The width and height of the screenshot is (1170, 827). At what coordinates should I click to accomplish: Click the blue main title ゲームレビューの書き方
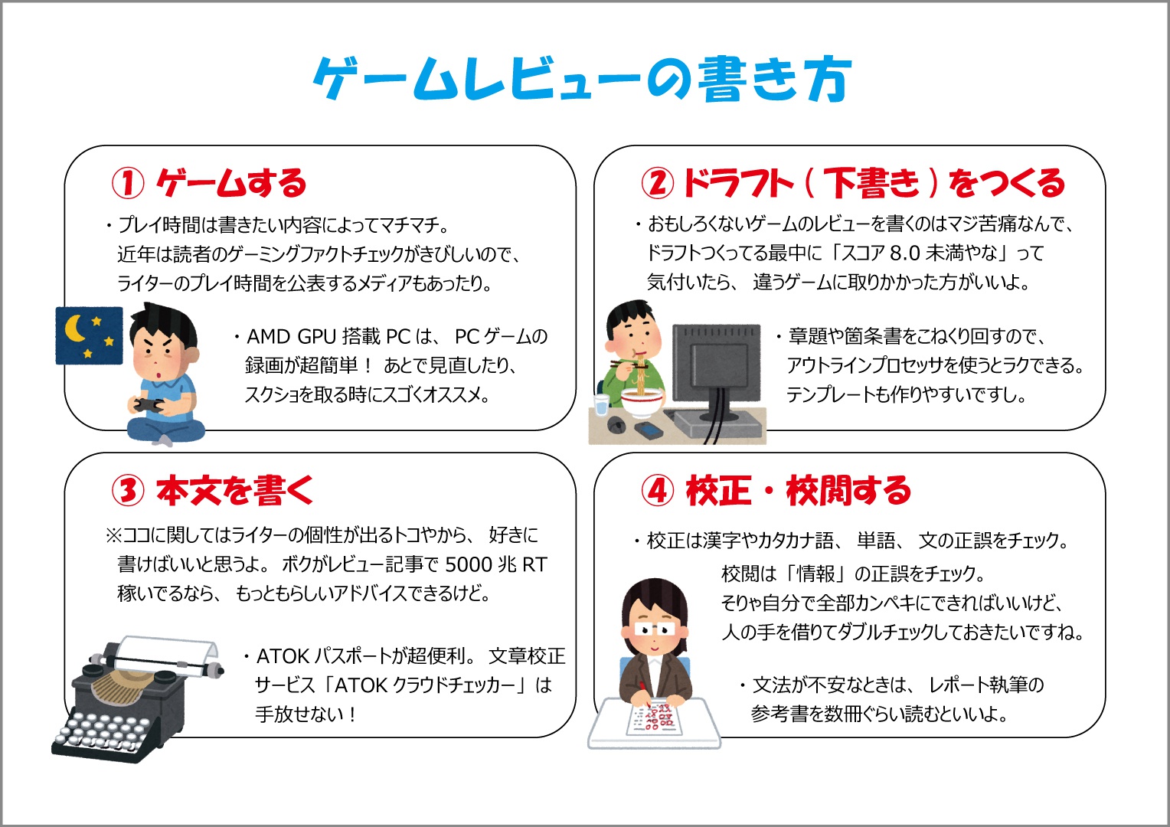pyautogui.click(x=583, y=79)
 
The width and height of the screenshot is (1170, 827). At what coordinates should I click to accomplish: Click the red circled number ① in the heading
pyautogui.click(x=128, y=183)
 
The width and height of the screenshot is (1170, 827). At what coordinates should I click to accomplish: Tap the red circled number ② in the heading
pyautogui.click(x=657, y=183)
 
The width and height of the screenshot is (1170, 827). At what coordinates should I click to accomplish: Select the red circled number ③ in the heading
pyautogui.click(x=128, y=490)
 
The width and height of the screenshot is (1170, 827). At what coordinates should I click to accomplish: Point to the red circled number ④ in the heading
pyautogui.click(x=658, y=490)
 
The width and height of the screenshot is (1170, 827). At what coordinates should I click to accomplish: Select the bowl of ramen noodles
pyautogui.click(x=640, y=401)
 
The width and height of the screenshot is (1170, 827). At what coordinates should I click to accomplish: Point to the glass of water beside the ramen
pyautogui.click(x=601, y=405)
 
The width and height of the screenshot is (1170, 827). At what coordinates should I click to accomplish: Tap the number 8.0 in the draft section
pyautogui.click(x=904, y=253)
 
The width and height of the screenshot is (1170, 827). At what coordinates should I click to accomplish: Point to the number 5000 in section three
pyautogui.click(x=468, y=565)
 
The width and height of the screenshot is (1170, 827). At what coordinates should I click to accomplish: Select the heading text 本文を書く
pyautogui.click(x=235, y=490)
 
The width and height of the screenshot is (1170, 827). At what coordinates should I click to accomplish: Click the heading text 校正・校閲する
pyautogui.click(x=799, y=490)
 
